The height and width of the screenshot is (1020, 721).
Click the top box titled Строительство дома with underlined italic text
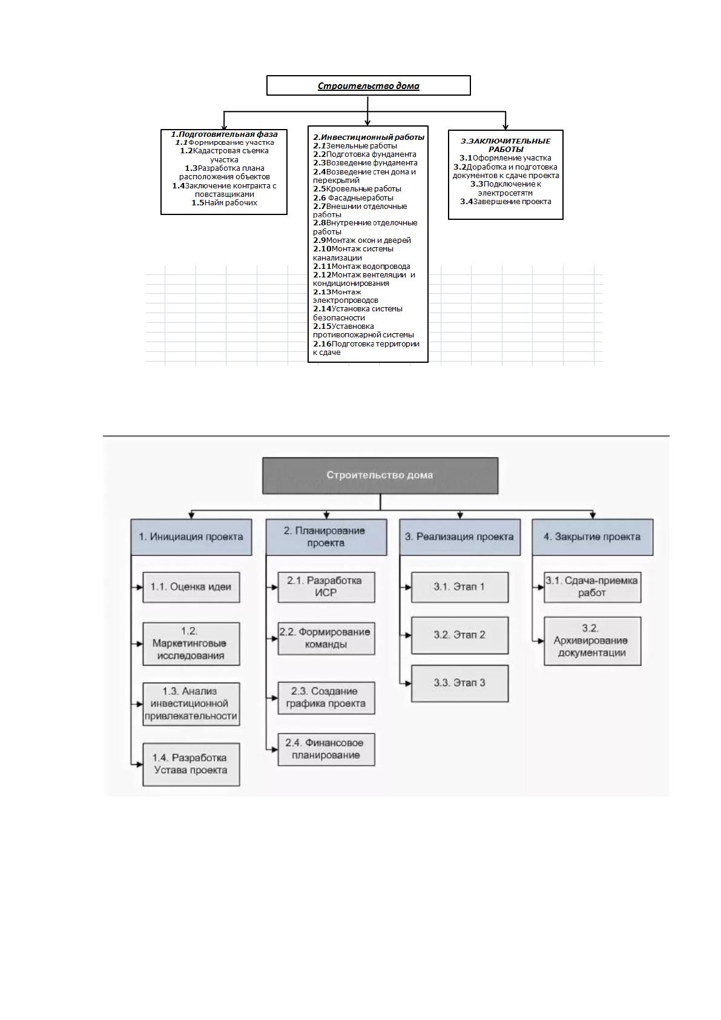pos(368,85)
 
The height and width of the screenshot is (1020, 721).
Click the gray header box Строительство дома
pos(380,475)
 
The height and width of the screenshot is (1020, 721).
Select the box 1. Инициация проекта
pos(191,537)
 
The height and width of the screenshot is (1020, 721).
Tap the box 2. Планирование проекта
pos(326,537)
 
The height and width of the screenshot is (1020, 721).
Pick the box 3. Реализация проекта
pos(459,537)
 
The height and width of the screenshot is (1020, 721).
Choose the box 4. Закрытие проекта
pos(593,537)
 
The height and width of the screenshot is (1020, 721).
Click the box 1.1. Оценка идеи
pos(191,588)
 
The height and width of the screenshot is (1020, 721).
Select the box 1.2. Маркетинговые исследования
pos(191,644)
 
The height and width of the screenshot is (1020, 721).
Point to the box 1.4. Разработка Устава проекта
pos(191,764)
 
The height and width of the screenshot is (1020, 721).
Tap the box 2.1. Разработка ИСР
pos(326,588)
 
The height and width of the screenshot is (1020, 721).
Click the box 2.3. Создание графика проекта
pos(326,698)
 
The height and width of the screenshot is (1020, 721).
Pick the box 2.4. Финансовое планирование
pos(326,749)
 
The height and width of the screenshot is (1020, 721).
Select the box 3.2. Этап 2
pos(459,635)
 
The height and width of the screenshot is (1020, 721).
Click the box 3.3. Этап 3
pos(459,683)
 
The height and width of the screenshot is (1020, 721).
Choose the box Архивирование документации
pos(593,641)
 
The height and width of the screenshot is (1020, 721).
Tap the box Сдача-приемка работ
pos(593,588)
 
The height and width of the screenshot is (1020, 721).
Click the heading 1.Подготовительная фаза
pos(224,134)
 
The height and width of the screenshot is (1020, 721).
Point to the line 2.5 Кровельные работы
pos(357,189)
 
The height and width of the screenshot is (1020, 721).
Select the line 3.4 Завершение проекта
pos(505,202)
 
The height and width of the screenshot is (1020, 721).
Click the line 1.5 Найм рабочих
pos(225,203)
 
